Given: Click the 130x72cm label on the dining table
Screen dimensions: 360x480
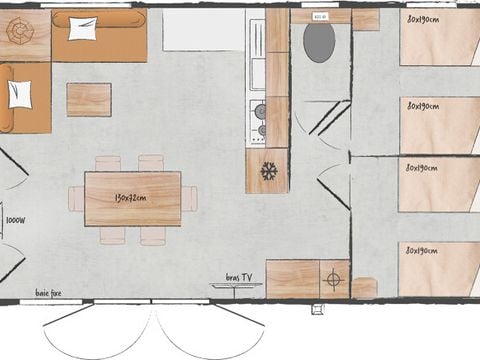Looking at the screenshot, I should [132, 198].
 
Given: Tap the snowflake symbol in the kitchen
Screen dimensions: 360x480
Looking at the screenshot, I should [268, 171].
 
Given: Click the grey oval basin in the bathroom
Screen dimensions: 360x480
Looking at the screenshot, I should [319, 43].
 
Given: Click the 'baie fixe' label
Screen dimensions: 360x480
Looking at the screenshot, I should [50, 292].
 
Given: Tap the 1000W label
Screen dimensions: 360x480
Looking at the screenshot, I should [15, 220].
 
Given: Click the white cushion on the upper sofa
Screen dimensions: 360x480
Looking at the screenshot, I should [82, 29].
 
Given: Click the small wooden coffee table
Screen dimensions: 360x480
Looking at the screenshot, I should [89, 99].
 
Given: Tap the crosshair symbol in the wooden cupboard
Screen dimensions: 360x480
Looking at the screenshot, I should [334, 280].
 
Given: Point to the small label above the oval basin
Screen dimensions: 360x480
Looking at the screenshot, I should [320, 17].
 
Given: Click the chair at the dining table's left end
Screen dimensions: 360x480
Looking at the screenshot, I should [76, 198].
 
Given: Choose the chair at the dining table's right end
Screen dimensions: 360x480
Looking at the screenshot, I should [189, 198].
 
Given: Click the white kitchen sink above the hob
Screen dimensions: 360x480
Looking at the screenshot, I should [256, 81].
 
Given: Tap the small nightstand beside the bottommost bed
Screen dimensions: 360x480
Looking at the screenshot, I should [365, 288].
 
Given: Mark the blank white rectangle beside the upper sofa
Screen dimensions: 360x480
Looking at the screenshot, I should [204, 30].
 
